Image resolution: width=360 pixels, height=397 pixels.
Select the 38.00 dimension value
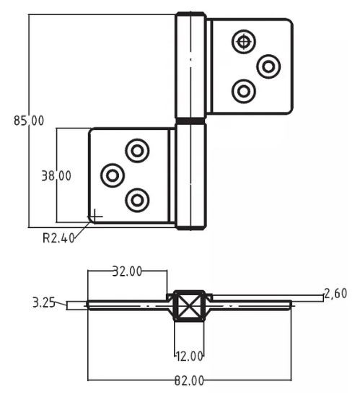click(x=56, y=175)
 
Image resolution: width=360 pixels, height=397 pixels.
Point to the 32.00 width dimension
click(x=127, y=271)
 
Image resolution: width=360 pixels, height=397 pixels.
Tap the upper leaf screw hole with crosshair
click(x=244, y=42)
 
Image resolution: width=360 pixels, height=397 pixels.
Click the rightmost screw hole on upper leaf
click(x=268, y=66)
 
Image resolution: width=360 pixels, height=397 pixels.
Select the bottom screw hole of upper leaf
click(x=244, y=91)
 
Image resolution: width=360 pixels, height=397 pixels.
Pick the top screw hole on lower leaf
click(x=137, y=151)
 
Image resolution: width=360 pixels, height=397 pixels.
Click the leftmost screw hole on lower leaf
click(x=113, y=175)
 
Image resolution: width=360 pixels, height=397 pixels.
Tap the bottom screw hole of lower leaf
click(x=137, y=200)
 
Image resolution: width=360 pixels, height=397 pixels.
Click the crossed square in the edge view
click(x=190, y=305)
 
